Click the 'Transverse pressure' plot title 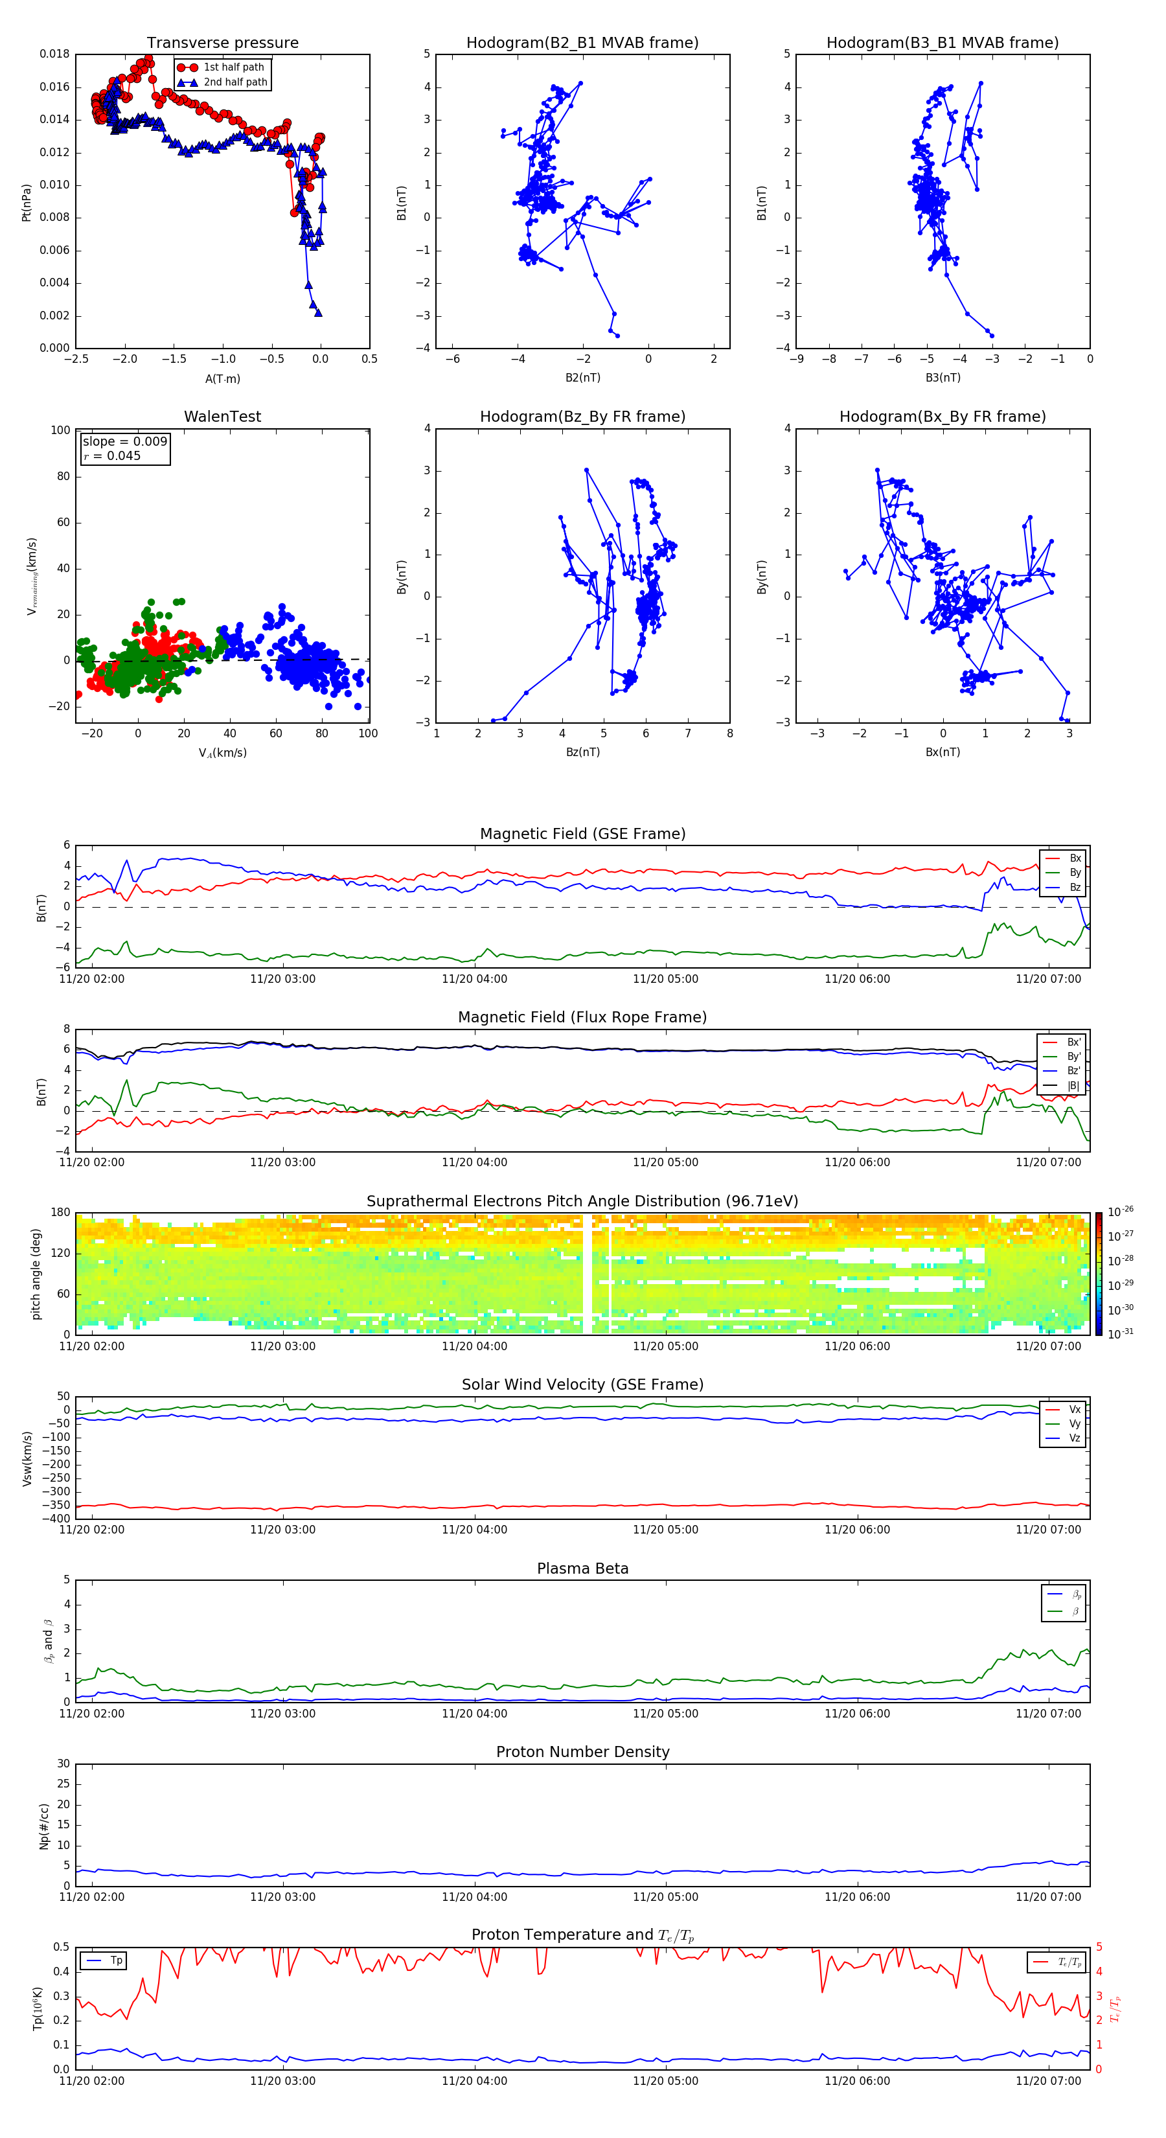[x=222, y=43]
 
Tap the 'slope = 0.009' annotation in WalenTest [x=124, y=442]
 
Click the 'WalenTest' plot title [x=222, y=417]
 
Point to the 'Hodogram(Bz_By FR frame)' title [x=582, y=417]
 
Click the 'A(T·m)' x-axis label [x=222, y=379]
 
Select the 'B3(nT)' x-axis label [x=943, y=378]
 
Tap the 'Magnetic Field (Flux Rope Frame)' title [x=582, y=1018]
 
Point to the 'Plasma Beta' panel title [x=582, y=1569]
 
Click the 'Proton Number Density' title [x=582, y=1752]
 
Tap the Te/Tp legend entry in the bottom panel [x=1069, y=1962]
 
